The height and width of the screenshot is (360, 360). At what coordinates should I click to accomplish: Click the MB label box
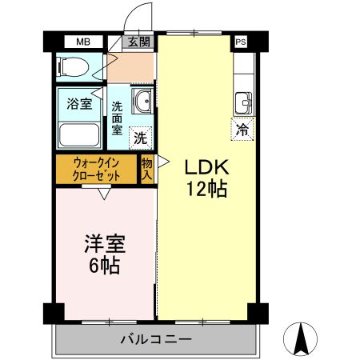click(84, 42)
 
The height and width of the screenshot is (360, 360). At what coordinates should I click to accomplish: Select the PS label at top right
click(240, 42)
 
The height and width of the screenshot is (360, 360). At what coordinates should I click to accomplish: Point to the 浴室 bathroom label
click(78, 102)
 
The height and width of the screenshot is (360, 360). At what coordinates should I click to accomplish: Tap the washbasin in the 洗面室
click(143, 102)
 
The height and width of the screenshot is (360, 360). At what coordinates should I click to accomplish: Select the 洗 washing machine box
click(140, 137)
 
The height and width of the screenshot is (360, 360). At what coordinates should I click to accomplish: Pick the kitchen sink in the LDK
click(243, 102)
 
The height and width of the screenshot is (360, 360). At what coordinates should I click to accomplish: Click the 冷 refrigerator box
click(241, 126)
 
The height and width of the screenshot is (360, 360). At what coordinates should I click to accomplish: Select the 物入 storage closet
click(147, 169)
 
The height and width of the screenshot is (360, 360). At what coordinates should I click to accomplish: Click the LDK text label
click(208, 167)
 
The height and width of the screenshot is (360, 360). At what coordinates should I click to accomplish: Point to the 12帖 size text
click(208, 190)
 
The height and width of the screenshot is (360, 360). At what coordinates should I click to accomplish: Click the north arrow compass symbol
click(303, 338)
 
